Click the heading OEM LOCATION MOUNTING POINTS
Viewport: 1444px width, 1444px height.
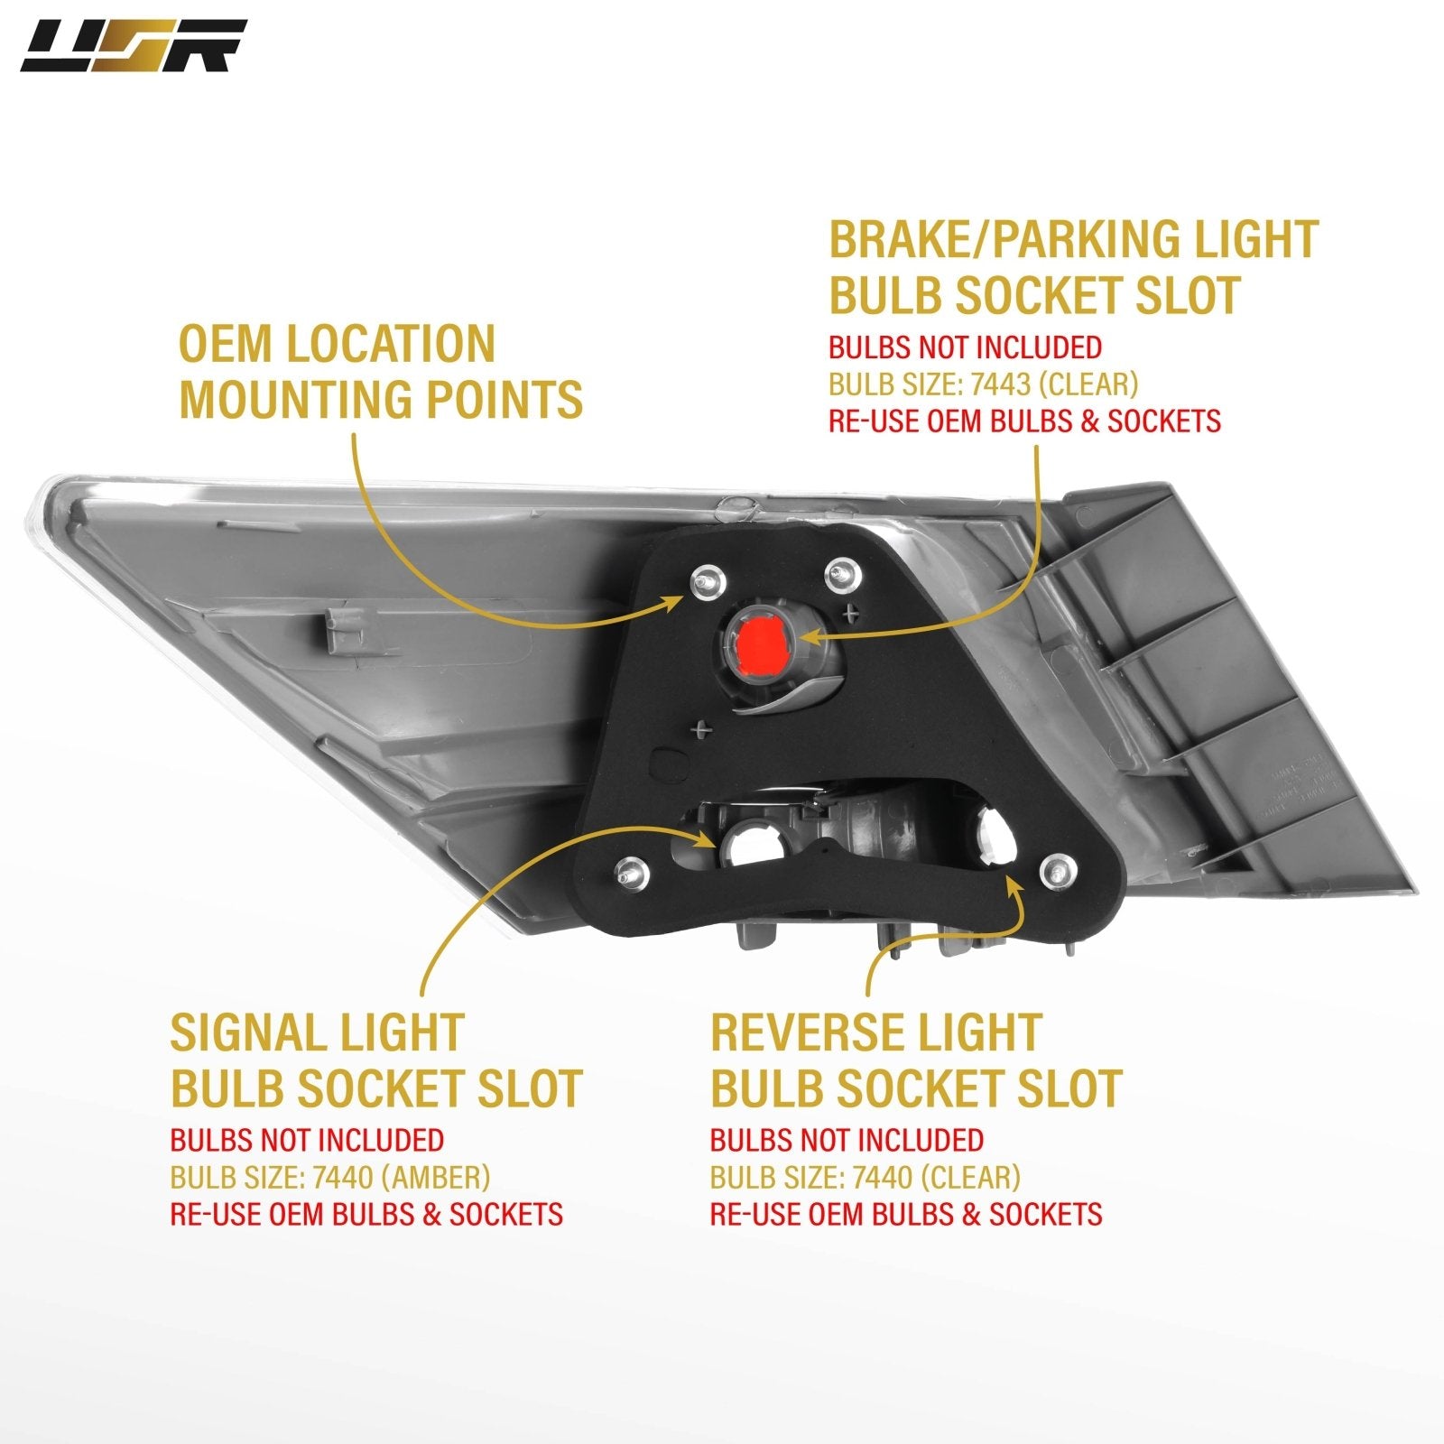coord(381,372)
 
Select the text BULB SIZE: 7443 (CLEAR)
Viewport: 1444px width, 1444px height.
coord(984,384)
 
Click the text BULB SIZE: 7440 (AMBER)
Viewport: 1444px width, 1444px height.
coord(330,1177)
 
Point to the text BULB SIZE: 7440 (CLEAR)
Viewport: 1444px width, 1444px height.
coord(865,1177)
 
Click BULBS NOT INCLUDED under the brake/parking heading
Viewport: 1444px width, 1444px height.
coord(966,347)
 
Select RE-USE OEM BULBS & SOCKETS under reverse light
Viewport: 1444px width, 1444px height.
coord(906,1214)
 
